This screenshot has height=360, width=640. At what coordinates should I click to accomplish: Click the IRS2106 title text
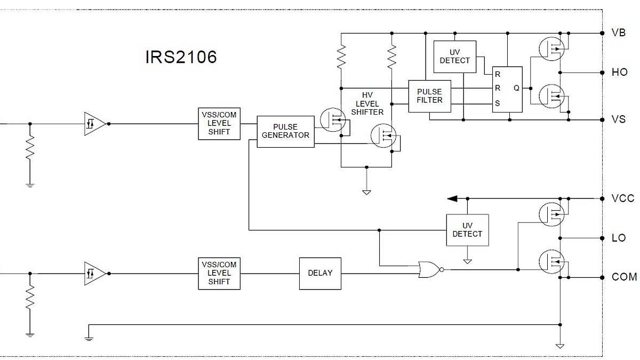181,57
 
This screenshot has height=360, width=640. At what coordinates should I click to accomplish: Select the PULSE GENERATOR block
285,131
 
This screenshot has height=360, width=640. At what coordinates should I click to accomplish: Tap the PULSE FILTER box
429,96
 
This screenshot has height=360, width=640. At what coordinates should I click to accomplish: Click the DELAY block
320,273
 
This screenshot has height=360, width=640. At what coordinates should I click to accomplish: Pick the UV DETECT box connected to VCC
467,230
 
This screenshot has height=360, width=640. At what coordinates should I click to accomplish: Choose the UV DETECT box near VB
454,57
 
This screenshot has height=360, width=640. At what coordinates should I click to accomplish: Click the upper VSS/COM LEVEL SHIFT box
219,123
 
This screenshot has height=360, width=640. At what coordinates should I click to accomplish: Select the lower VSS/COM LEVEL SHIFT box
219,273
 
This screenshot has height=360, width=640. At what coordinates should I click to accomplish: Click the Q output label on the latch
516,88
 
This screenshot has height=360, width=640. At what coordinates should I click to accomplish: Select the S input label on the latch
498,103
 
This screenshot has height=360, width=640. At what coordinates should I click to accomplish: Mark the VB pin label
618,33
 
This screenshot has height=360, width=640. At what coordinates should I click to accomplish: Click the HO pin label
619,72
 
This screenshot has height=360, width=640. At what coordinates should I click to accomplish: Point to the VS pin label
618,119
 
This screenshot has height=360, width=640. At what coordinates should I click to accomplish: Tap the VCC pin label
622,198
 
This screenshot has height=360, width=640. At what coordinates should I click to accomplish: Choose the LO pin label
619,238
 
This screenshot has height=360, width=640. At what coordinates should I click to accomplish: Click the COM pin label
623,277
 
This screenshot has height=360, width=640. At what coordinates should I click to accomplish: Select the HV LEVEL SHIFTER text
367,103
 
